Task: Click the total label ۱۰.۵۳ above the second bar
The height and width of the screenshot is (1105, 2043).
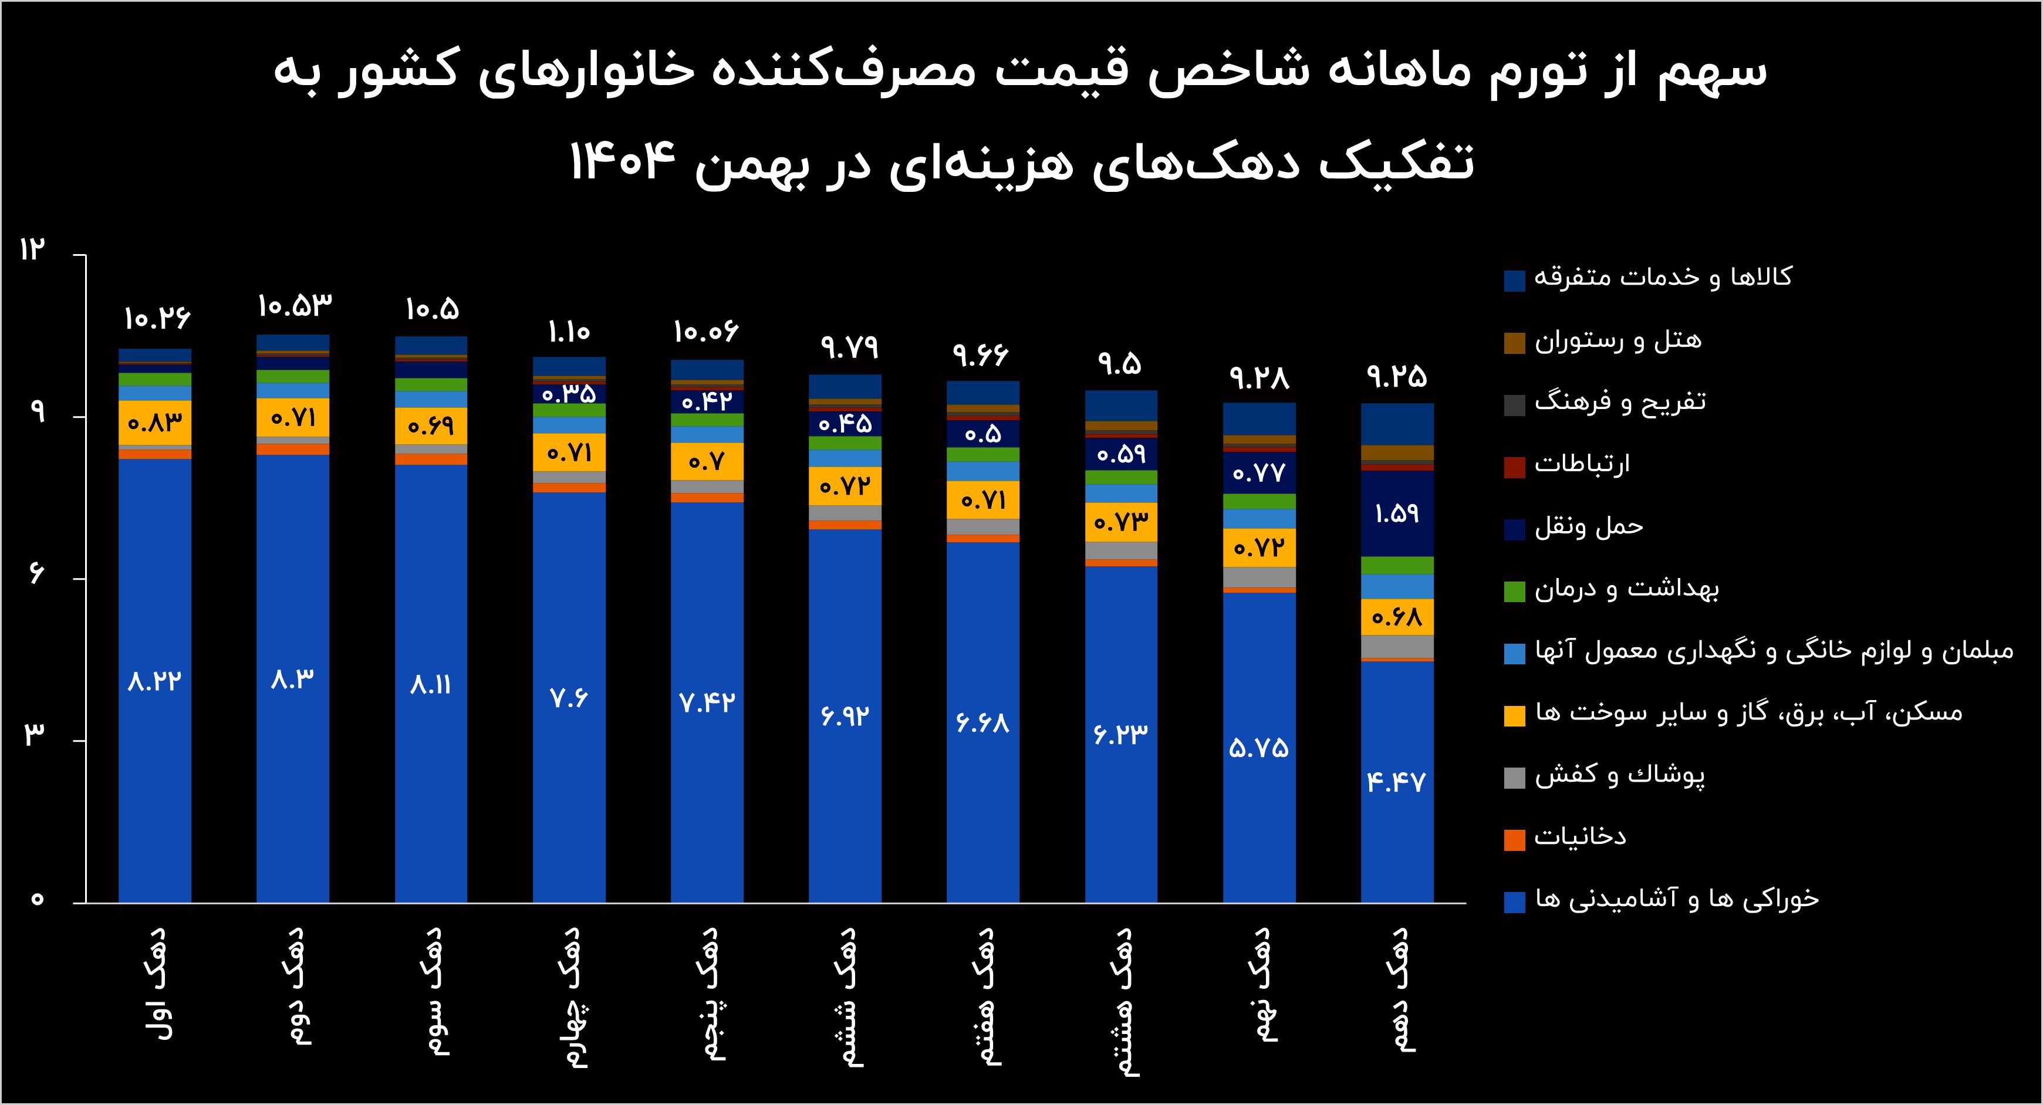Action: [294, 305]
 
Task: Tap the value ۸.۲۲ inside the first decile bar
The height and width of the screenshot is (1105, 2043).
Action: [155, 681]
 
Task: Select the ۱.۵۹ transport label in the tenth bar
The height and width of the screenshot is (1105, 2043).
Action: [1397, 513]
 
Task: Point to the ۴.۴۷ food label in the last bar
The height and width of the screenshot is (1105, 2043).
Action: [1397, 782]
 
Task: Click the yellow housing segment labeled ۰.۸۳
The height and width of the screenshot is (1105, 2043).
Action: [155, 422]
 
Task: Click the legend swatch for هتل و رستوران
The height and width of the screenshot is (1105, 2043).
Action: [1514, 343]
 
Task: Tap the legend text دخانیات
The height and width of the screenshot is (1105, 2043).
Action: [1580, 836]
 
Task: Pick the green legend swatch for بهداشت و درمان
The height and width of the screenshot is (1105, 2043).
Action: [1514, 592]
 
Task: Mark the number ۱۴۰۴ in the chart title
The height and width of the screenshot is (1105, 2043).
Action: [623, 162]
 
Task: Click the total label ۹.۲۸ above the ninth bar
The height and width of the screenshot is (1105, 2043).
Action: [1259, 377]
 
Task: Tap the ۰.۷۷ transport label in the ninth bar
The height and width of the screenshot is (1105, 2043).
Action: [1259, 474]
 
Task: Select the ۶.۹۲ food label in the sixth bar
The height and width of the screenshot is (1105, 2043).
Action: [845, 715]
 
